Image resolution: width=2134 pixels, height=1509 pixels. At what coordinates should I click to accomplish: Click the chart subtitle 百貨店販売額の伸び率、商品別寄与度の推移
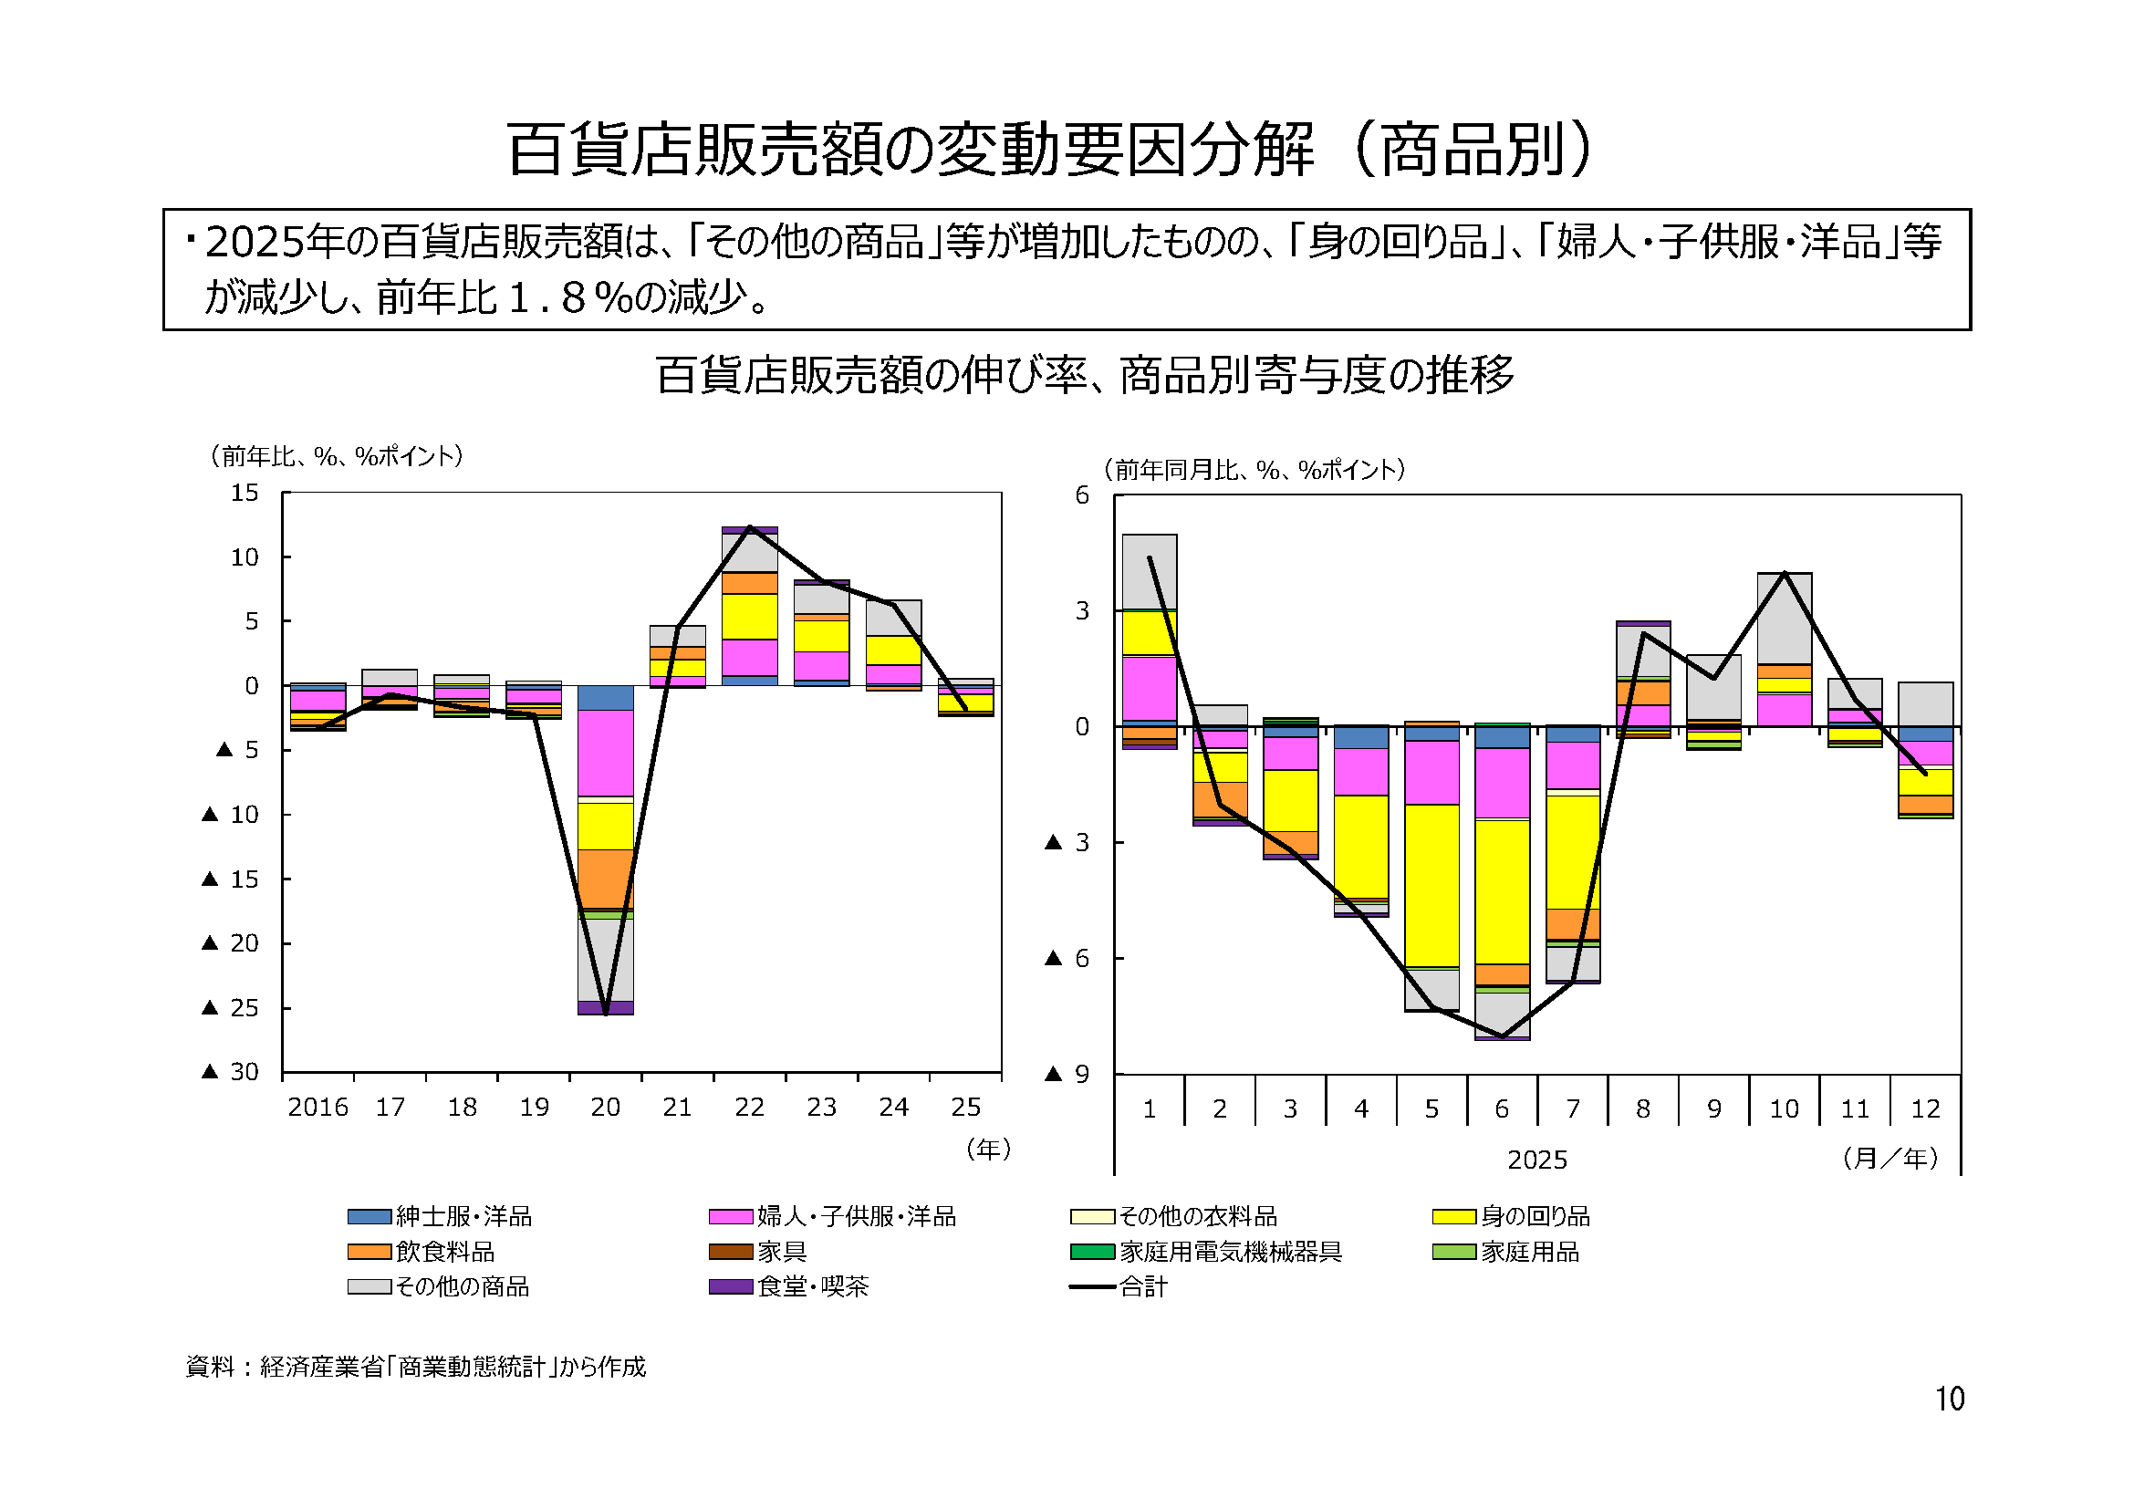tap(1084, 374)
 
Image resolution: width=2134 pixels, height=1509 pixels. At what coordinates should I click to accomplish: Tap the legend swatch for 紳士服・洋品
tap(369, 1216)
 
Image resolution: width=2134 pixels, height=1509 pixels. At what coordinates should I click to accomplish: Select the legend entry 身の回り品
tap(1535, 1216)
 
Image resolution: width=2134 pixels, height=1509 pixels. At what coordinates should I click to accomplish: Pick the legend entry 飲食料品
tap(444, 1252)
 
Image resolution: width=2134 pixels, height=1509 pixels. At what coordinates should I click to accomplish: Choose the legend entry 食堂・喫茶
tap(812, 1287)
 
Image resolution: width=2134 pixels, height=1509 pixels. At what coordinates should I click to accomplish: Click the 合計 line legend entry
tap(1141, 1287)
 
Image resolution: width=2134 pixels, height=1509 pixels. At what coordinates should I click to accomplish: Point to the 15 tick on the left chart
tap(245, 493)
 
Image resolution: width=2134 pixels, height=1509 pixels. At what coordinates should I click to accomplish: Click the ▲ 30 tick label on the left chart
tap(231, 1071)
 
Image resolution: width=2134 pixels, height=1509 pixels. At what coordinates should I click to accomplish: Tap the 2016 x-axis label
tap(317, 1107)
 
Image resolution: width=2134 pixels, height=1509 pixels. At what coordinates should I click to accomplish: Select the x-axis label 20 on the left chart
tap(605, 1107)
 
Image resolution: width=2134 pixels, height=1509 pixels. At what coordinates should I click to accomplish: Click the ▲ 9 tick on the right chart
tap(1067, 1074)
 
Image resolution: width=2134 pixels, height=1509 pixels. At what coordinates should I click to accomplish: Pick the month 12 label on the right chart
tap(1925, 1108)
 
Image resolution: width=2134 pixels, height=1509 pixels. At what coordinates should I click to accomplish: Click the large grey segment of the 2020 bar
tap(605, 959)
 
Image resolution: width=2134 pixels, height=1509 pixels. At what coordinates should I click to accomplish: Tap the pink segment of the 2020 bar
tap(605, 753)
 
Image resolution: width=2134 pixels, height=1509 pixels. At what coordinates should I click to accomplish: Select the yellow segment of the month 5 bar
tap(1431, 885)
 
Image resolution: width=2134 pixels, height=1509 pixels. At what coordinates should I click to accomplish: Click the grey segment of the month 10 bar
tap(1784, 618)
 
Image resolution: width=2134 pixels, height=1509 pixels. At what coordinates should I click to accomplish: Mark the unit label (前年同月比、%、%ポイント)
tap(1254, 469)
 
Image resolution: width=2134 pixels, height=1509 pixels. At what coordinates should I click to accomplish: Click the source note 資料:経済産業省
tap(415, 1366)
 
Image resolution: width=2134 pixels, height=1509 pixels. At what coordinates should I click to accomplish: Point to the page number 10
tap(1949, 1400)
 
